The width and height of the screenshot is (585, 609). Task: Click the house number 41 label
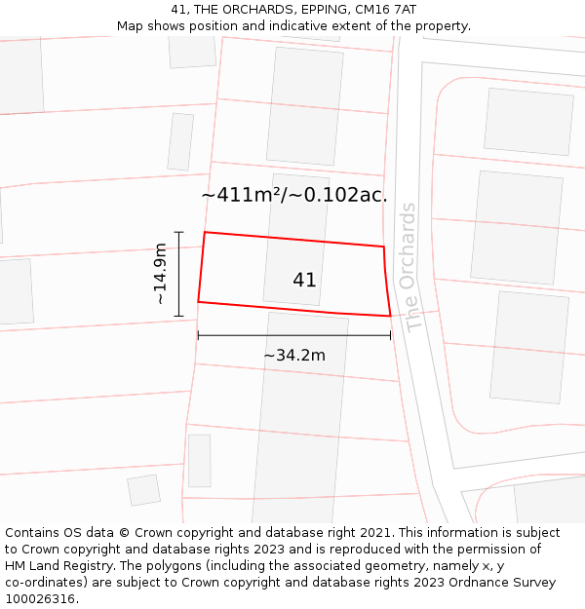304,281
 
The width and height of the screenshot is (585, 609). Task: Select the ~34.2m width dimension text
293,356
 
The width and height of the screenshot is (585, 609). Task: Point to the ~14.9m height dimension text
161,274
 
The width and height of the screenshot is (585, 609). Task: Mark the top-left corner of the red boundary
204,232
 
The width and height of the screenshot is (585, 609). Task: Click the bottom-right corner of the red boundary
391,316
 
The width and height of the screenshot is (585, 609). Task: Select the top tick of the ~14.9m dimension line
178,232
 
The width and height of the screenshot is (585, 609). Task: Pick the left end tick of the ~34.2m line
198,335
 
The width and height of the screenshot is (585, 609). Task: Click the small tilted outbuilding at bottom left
144,489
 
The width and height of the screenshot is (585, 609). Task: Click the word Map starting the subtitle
133,25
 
